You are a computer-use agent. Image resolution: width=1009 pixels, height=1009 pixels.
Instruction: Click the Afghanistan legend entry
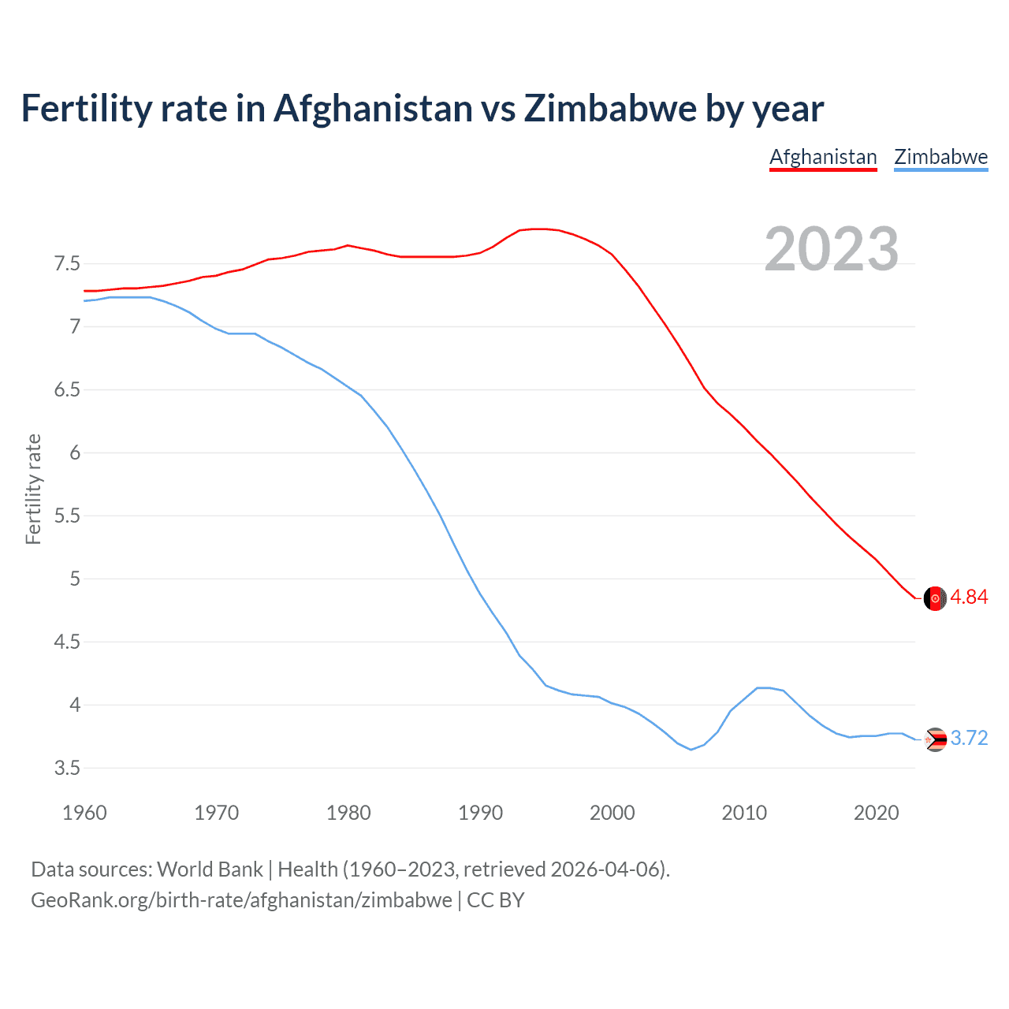point(823,157)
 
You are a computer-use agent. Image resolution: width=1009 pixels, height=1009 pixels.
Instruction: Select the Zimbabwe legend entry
point(940,157)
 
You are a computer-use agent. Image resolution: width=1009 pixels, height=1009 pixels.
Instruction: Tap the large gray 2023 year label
point(831,249)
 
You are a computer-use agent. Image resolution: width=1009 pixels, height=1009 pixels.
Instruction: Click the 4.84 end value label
point(969,598)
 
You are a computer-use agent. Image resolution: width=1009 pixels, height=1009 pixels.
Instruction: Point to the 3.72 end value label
point(969,739)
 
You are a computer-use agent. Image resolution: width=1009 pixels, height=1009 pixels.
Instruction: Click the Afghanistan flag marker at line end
point(935,598)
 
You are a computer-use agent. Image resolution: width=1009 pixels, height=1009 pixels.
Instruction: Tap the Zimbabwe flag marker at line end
point(935,739)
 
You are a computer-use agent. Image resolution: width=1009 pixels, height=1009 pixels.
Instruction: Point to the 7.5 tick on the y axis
point(67,263)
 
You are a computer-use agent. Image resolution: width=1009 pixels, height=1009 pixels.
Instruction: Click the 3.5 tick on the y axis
point(67,768)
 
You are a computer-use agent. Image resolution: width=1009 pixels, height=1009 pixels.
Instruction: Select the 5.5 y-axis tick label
point(67,516)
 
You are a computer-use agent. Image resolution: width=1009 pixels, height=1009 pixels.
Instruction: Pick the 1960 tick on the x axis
point(84,813)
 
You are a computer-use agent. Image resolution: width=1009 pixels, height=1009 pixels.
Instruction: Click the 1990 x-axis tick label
point(480,813)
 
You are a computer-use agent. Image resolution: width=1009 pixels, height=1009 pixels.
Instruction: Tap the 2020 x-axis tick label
point(876,813)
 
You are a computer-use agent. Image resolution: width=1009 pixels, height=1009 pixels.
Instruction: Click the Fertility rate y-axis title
point(33,489)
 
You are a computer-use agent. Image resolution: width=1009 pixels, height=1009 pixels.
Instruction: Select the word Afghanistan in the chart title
point(373,108)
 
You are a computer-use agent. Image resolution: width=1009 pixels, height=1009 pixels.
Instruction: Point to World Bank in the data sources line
point(210,869)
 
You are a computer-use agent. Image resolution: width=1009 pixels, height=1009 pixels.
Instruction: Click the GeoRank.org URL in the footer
point(241,900)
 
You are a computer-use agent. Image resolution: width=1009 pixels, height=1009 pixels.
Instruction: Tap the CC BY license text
point(496,900)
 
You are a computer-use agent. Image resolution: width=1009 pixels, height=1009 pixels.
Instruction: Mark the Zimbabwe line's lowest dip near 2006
point(691,750)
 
